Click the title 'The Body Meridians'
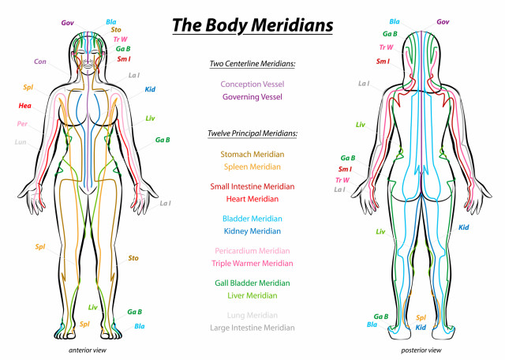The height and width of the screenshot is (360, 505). pyautogui.click(x=252, y=25)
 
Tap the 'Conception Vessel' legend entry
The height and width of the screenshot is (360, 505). pyautogui.click(x=252, y=84)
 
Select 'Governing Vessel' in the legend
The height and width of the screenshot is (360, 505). pyautogui.click(x=252, y=96)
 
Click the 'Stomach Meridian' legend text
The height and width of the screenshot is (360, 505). pyautogui.click(x=252, y=154)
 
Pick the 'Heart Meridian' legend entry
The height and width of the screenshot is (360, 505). pyautogui.click(x=252, y=199)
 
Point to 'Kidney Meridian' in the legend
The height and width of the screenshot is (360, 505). pyautogui.click(x=252, y=231)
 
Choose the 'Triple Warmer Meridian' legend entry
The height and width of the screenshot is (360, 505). pyautogui.click(x=252, y=264)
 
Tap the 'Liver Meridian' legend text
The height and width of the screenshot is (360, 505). pyautogui.click(x=252, y=295)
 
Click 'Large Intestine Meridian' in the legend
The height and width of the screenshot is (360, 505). pyautogui.click(x=252, y=328)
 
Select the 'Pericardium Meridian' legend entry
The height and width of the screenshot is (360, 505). pyautogui.click(x=252, y=251)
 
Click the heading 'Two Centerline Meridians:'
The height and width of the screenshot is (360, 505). pyautogui.click(x=252, y=63)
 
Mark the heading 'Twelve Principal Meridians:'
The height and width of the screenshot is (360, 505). pyautogui.click(x=252, y=133)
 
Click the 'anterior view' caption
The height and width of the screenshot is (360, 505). pyautogui.click(x=88, y=350)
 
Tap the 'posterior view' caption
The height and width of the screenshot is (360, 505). pyautogui.click(x=421, y=350)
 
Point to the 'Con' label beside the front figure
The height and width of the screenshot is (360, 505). pyautogui.click(x=40, y=62)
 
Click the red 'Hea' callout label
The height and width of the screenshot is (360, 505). pyautogui.click(x=24, y=105)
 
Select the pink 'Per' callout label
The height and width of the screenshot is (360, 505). pyautogui.click(x=22, y=123)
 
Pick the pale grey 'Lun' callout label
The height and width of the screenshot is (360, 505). pyautogui.click(x=21, y=142)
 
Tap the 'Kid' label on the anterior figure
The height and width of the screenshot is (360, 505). pyautogui.click(x=150, y=89)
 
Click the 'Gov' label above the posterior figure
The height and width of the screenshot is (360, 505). pyautogui.click(x=443, y=22)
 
